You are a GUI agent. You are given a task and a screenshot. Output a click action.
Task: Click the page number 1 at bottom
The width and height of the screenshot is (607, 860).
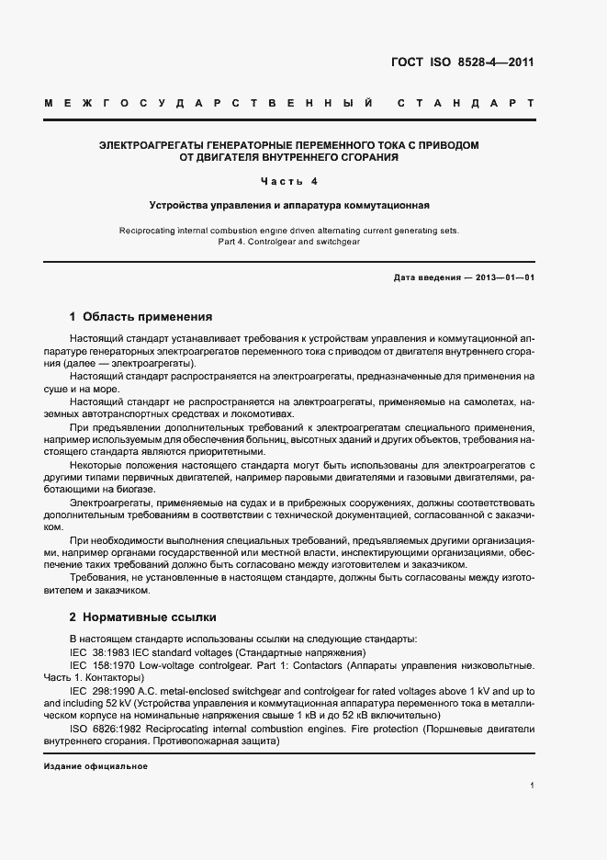pyautogui.click(x=532, y=786)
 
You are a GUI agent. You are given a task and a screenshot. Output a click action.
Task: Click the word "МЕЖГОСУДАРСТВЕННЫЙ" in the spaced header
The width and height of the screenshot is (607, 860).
pyautogui.click(x=208, y=103)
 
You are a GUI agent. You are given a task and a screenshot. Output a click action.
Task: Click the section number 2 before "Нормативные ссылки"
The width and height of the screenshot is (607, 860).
pyautogui.click(x=73, y=617)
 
